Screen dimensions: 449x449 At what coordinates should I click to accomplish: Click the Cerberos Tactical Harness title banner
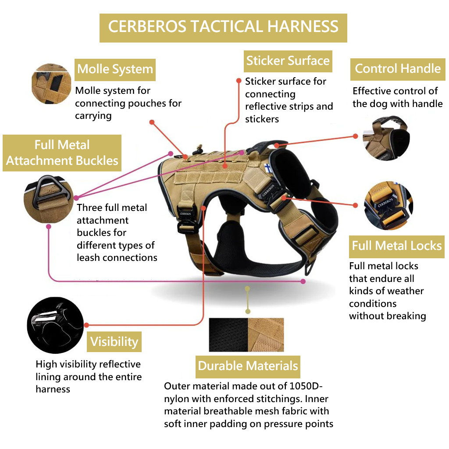click(x=223, y=27)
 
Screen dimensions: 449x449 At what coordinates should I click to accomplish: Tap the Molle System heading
click(x=115, y=69)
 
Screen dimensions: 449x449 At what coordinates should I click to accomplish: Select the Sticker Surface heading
click(x=288, y=61)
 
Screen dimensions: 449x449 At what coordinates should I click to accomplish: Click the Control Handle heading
click(x=398, y=69)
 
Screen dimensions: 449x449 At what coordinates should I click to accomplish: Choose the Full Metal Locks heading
click(x=397, y=246)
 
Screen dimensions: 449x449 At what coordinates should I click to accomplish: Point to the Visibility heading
click(x=114, y=342)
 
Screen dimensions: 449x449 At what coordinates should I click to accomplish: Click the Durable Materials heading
click(x=248, y=366)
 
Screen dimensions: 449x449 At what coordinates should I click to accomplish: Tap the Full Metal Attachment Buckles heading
click(x=62, y=153)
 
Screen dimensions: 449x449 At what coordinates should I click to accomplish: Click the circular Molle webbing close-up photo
click(x=51, y=84)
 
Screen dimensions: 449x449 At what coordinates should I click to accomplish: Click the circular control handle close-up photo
click(x=386, y=138)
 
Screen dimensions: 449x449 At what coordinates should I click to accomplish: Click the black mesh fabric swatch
click(x=228, y=335)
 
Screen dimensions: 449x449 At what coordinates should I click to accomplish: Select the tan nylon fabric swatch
click(x=266, y=335)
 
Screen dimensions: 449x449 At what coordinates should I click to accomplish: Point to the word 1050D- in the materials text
click(x=306, y=386)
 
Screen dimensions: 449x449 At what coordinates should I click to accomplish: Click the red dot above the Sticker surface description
click(x=239, y=81)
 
